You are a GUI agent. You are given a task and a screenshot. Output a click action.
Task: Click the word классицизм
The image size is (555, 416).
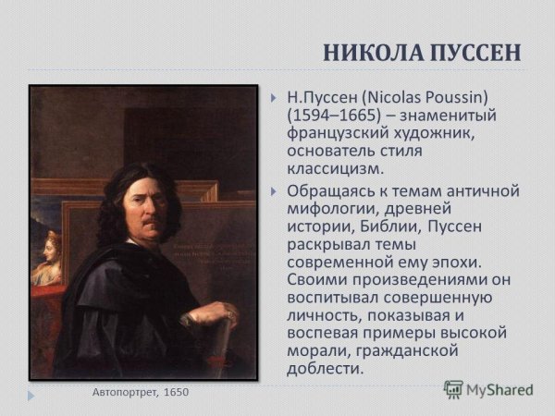(x=333, y=169)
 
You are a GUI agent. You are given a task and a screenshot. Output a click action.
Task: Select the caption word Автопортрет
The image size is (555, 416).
(x=125, y=392)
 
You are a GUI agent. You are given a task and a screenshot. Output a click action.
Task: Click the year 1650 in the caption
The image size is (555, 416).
(x=177, y=392)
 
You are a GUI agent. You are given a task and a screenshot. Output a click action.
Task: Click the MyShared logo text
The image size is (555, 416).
(x=499, y=389)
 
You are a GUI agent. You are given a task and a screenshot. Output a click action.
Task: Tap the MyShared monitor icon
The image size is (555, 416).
(x=453, y=389)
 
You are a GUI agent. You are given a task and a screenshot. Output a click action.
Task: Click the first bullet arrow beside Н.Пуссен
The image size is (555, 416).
(x=274, y=97)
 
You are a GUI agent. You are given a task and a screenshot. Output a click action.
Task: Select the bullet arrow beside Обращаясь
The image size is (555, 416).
(x=274, y=191)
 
